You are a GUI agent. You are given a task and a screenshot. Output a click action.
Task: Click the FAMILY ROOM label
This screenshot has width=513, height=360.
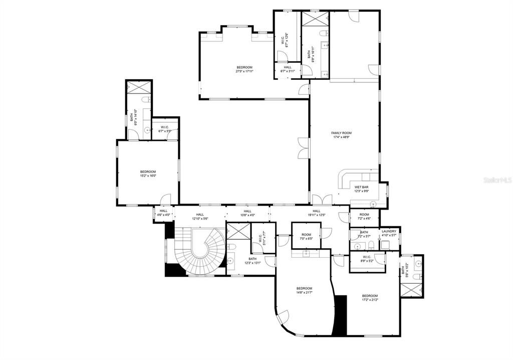pos(341,133)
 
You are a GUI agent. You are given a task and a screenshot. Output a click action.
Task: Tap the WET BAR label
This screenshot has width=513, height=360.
pos(362,187)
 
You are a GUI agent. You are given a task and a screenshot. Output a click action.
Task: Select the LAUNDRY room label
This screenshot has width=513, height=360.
pos(389,231)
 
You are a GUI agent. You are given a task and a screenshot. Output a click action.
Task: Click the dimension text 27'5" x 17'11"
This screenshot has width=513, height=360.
pos(244,71)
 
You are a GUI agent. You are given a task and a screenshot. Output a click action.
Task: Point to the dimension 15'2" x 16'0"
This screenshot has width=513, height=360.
pos(148,176)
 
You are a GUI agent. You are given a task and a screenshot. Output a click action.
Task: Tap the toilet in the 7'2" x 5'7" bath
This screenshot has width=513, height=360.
pos(372,245)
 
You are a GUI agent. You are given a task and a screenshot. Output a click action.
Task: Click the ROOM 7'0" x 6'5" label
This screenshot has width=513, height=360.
pos(306,237)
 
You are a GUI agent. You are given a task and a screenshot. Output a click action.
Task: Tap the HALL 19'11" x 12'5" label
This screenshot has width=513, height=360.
pos(316,213)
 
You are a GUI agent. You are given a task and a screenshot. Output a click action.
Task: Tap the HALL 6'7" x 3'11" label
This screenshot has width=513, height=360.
pos(288,69)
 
